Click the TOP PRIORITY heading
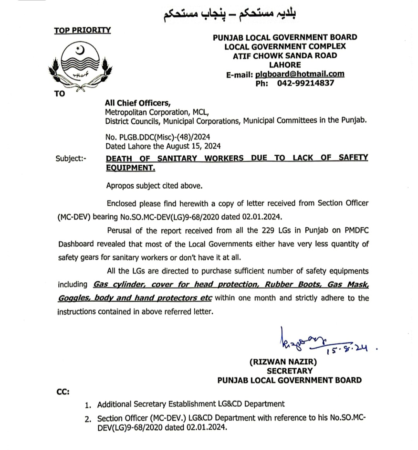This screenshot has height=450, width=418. click(82, 30)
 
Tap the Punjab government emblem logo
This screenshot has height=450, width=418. click(82, 66)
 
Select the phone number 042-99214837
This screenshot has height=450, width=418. click(305, 83)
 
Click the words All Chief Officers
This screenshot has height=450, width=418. click(137, 103)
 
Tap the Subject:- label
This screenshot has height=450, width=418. click(72, 158)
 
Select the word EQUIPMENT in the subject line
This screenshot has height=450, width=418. click(130, 168)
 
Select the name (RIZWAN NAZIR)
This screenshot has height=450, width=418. click(283, 362)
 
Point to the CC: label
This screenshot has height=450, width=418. click(63, 392)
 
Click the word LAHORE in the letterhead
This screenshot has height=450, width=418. click(285, 65)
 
